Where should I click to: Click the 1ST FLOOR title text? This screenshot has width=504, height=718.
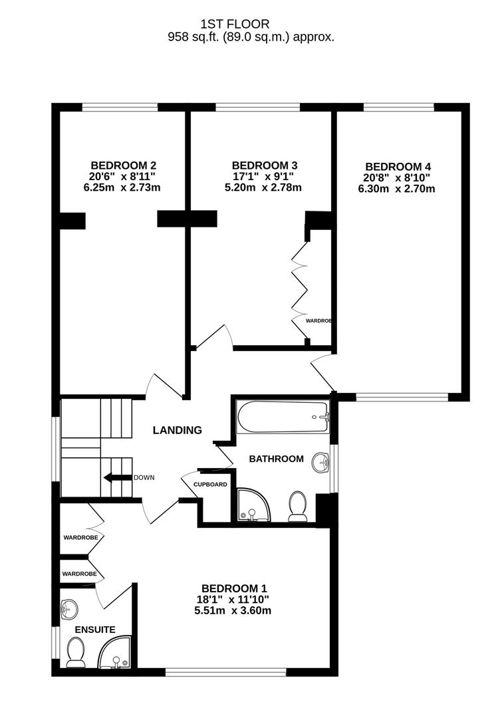tap(251, 25)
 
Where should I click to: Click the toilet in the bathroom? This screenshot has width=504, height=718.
tap(297, 506)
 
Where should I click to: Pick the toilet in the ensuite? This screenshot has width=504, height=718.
tap(75, 652)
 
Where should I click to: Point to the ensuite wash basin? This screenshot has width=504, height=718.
tap(68, 608)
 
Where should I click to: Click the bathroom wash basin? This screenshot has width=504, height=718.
tap(321, 463)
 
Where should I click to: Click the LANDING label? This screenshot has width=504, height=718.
tap(177, 430)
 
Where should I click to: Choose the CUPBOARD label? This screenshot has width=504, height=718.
tap(210, 484)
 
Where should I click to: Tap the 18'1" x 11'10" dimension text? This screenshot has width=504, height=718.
tap(233, 600)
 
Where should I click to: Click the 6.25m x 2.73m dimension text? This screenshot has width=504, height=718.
tap(122, 187)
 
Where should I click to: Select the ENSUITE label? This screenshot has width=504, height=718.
tap(95, 629)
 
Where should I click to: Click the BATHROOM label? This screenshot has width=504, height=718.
tap(276, 459)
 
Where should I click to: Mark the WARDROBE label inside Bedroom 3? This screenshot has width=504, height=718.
tap(318, 320)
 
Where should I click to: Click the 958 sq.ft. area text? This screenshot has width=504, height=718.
tap(251, 38)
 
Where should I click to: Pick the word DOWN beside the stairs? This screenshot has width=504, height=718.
tap(144, 477)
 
